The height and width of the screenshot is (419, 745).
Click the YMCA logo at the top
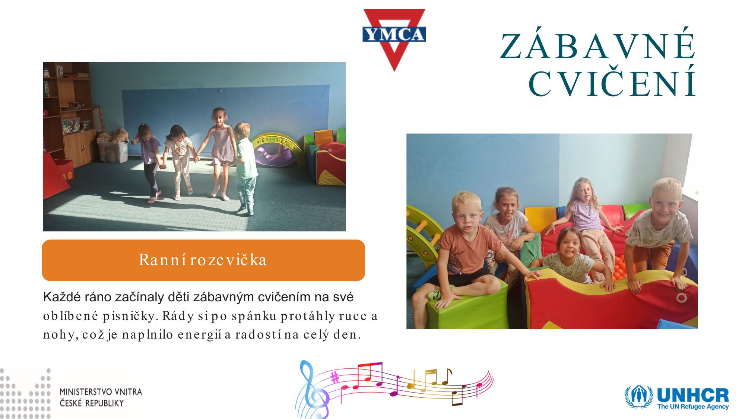(x=394, y=39)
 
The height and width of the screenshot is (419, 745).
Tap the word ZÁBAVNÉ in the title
(x=598, y=46)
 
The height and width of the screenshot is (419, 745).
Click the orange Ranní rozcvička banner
(x=203, y=260)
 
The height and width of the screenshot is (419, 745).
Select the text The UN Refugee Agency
(x=693, y=406)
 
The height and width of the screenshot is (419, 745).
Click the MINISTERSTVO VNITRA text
(x=101, y=392)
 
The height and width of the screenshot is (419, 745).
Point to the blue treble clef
(x=312, y=389)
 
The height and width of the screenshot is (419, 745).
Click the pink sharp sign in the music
(x=335, y=378)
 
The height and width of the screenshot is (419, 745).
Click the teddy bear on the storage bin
(x=114, y=136)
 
